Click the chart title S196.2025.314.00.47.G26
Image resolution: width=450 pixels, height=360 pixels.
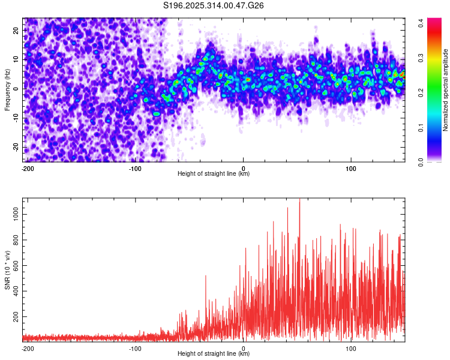[214, 5]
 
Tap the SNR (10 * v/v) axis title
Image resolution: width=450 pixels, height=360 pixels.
[7, 269]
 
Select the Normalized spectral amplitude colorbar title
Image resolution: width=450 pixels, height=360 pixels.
[445, 90]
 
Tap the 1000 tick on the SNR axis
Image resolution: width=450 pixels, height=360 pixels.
[13, 213]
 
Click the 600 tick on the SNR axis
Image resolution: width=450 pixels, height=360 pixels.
[14, 265]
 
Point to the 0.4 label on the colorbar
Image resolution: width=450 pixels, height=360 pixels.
[421, 22]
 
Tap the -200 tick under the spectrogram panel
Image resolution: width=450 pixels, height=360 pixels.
[26, 167]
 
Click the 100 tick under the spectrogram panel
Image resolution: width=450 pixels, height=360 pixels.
[351, 167]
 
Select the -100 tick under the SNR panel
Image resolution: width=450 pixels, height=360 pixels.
[135, 347]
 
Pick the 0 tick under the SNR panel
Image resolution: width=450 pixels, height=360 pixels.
[243, 347]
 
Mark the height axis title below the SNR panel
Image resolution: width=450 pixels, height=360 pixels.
[214, 354]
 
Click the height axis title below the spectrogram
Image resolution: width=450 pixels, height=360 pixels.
[214, 174]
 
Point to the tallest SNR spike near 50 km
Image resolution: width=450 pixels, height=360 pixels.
[299, 200]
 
